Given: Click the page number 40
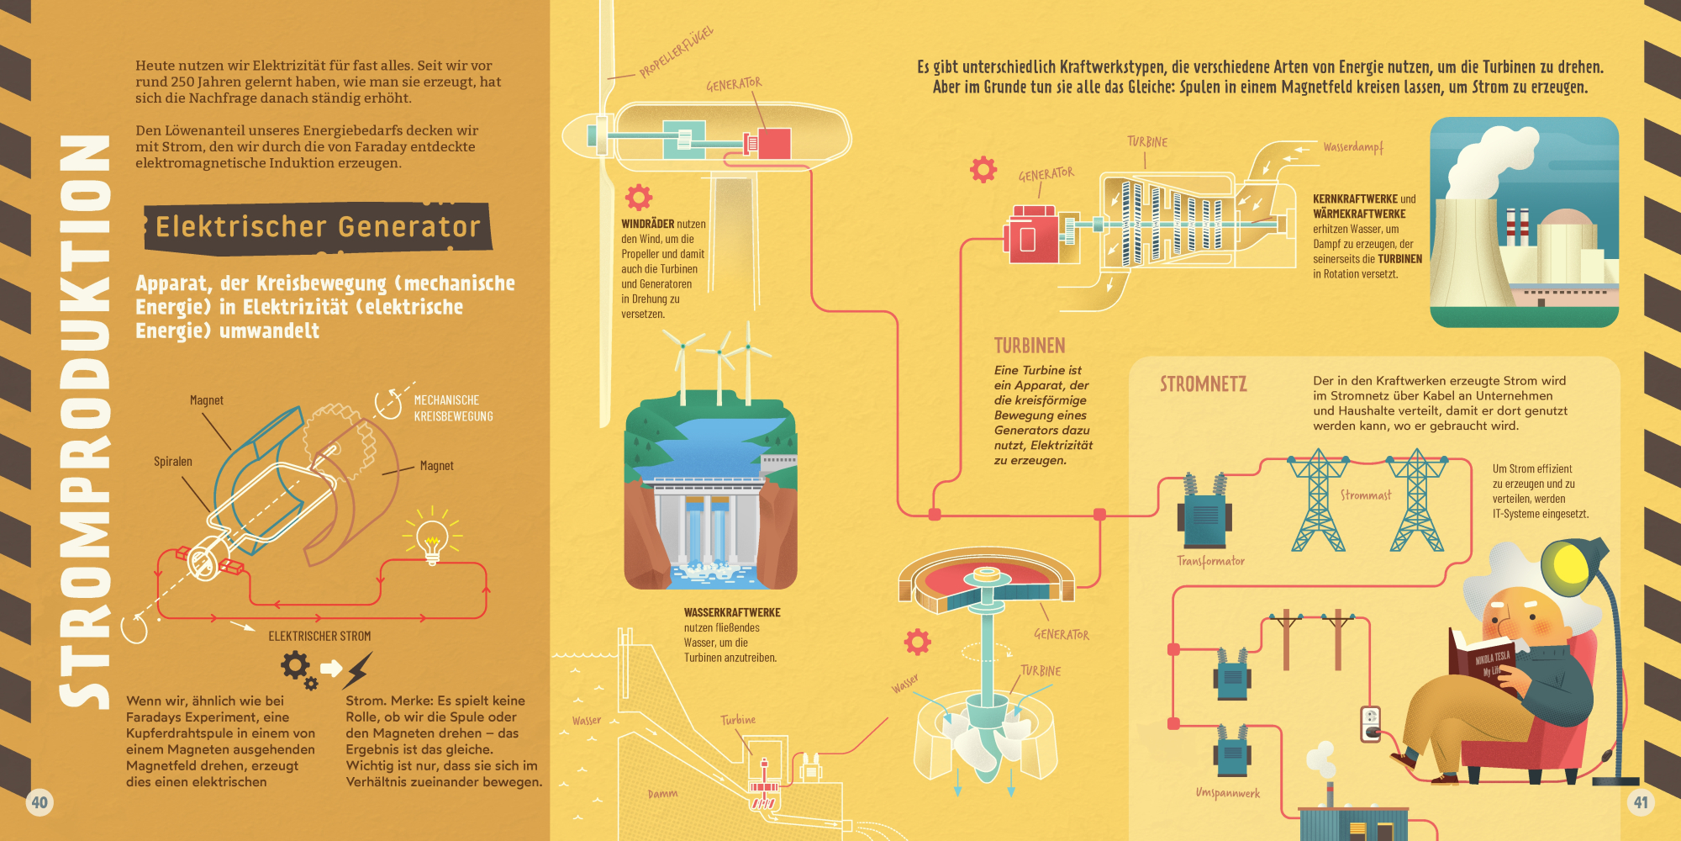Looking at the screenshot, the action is (x=40, y=802).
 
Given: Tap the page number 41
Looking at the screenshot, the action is (x=1641, y=802).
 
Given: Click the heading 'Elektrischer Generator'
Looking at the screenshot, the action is (x=318, y=227).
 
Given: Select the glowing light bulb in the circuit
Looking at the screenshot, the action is (x=432, y=539).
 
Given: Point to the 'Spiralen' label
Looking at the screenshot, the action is (x=173, y=462).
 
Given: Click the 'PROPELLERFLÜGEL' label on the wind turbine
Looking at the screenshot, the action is (x=677, y=51).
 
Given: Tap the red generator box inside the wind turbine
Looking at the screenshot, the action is (x=773, y=144).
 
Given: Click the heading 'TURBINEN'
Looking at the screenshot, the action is (x=1030, y=346).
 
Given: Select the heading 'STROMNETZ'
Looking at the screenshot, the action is (x=1204, y=384).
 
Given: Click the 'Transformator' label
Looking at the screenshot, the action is (x=1210, y=561).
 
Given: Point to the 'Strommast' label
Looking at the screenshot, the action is (x=1366, y=495).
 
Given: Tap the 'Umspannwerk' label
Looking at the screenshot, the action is (x=1227, y=793).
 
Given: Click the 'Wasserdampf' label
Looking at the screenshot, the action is (x=1353, y=147).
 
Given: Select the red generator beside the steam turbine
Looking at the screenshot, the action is (x=1031, y=235).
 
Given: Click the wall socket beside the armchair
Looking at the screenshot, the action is (x=1371, y=723).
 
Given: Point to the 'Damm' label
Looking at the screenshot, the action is (x=662, y=794).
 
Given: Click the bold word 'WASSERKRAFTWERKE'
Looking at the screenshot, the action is (x=732, y=612).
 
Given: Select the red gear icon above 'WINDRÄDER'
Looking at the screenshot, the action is (x=639, y=197).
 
